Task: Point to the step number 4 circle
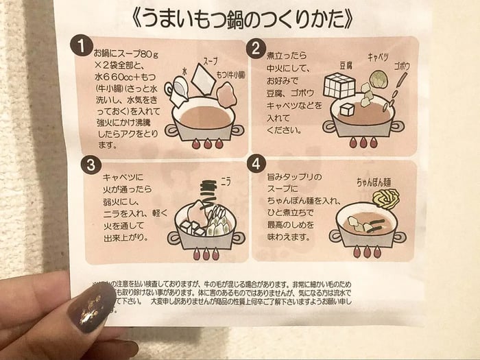pos(256,165)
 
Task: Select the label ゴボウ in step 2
pos(402,67)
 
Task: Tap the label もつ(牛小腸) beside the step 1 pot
pos(227,74)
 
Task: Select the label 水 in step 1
pos(184,71)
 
